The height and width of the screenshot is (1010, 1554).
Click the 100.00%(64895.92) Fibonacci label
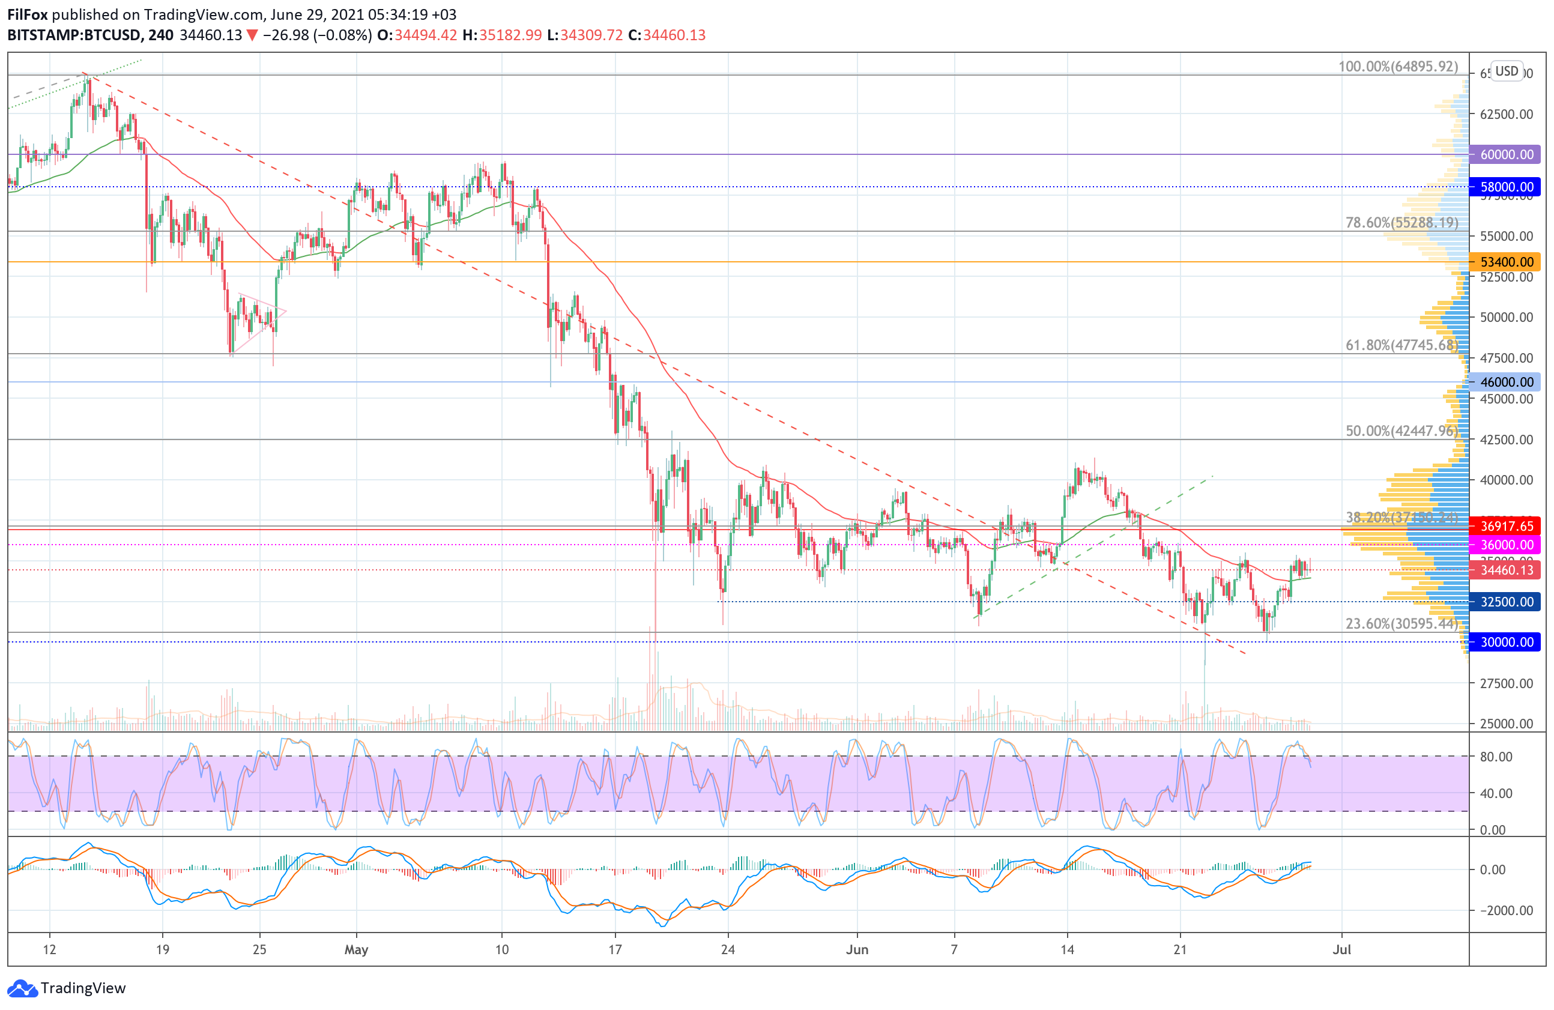[1397, 67]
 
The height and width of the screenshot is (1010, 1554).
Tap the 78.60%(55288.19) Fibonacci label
[1401, 223]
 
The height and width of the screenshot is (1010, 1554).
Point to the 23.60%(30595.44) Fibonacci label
[1401, 623]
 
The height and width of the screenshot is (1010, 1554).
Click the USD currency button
[1507, 71]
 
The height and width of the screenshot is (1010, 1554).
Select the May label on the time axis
[356, 949]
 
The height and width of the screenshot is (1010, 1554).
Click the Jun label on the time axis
[857, 949]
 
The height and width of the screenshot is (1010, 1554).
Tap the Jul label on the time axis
[1341, 949]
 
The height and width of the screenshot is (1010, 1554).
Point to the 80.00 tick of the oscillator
[1496, 757]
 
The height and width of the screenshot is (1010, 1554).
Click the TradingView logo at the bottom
[67, 988]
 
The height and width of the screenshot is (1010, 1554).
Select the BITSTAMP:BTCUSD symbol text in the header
[73, 35]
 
